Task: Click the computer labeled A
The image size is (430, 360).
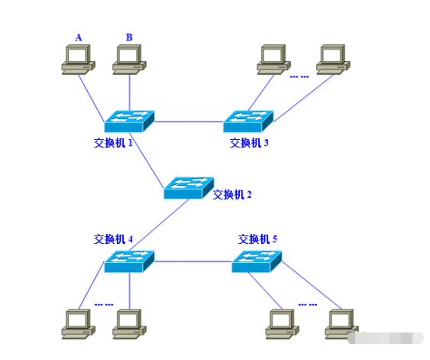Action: click(78, 59)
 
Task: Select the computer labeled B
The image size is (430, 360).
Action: click(129, 59)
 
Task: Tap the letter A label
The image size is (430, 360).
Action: click(78, 37)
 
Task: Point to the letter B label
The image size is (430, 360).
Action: click(128, 37)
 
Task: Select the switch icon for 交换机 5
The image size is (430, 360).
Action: click(257, 261)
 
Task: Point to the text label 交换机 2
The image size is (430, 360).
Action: click(232, 194)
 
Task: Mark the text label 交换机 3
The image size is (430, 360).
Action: click(249, 142)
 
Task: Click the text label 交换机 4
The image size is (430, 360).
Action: click(114, 238)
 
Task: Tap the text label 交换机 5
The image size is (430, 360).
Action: click(257, 238)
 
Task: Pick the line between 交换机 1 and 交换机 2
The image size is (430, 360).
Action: click(157, 156)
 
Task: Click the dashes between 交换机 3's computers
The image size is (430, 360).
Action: click(299, 75)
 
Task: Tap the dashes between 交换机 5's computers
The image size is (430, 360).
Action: click(308, 304)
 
